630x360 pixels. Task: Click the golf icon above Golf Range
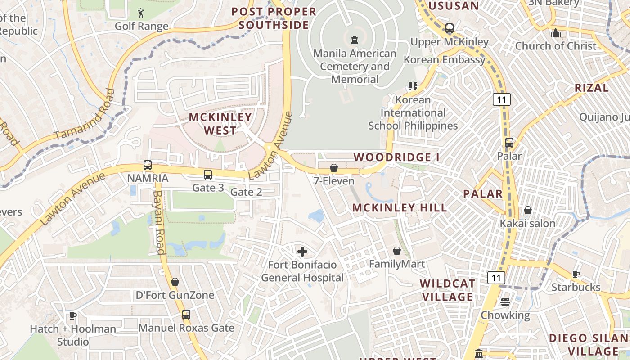tap(141, 13)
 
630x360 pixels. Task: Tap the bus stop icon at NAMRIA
tap(148, 165)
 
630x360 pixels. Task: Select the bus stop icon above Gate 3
tap(207, 175)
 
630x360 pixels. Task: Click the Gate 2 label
tap(246, 192)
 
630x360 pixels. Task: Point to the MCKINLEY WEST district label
tap(220, 124)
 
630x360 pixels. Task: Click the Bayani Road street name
tap(159, 222)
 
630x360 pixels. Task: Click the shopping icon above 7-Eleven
tap(334, 168)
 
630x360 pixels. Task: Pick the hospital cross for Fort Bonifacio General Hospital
tap(302, 251)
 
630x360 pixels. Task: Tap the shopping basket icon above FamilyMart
tap(397, 251)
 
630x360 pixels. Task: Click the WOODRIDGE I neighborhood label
tap(396, 157)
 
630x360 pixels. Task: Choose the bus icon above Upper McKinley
tap(449, 28)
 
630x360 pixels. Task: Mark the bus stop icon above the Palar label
tap(509, 143)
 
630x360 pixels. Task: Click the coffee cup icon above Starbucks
tap(576, 274)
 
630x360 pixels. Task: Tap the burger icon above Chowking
tap(505, 301)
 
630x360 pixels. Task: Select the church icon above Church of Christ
tap(556, 33)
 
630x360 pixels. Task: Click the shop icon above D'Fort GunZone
tap(175, 282)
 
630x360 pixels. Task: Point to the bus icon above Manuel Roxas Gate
tap(186, 315)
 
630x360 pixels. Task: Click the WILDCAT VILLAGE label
tap(447, 290)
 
